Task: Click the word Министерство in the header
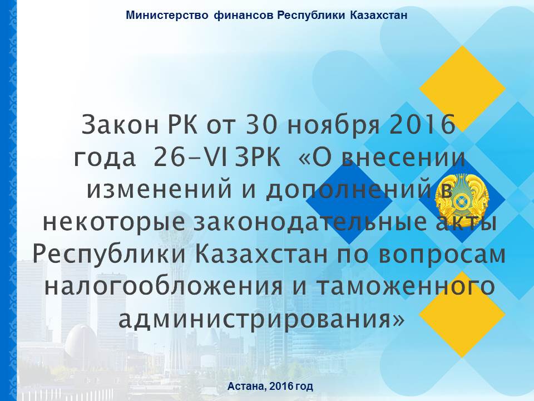167,16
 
